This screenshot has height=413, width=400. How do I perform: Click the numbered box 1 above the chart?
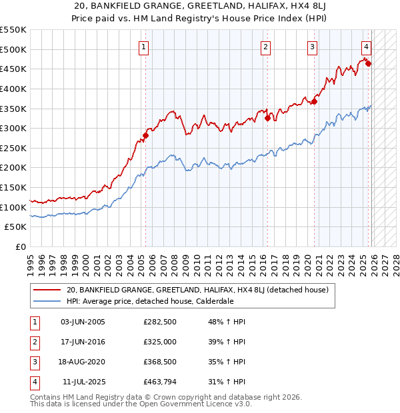tap(145, 47)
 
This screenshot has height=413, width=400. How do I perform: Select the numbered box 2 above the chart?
tap(265, 47)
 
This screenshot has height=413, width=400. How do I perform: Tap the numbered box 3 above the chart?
tap(312, 47)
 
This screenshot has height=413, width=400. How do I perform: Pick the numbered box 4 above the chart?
tap(366, 47)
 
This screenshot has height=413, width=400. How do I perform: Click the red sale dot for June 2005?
tap(145, 135)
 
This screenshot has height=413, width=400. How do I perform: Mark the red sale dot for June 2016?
tap(267, 119)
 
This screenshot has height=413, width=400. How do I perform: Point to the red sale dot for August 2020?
tap(314, 101)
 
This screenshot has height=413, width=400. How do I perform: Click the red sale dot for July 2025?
tap(368, 64)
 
